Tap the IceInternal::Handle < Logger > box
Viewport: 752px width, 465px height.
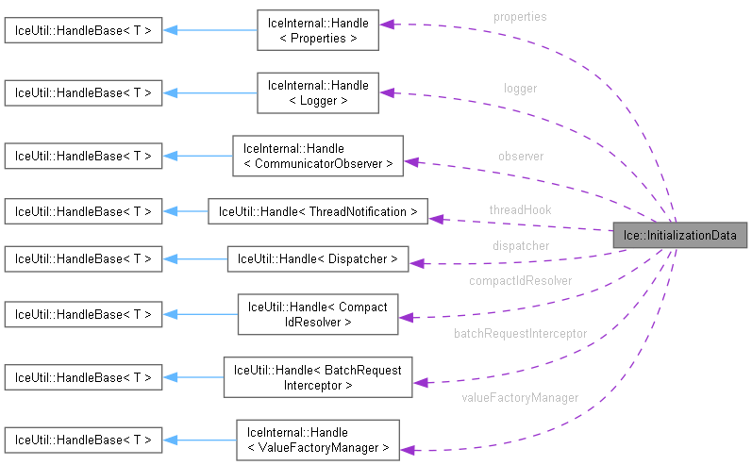[x=318, y=92]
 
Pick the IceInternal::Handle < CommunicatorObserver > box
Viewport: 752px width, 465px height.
[x=318, y=156]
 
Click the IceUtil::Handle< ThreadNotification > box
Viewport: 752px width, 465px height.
[x=318, y=211]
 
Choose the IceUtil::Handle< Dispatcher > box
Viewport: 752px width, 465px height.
[x=318, y=257]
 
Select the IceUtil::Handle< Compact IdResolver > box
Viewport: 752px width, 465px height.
[x=318, y=313]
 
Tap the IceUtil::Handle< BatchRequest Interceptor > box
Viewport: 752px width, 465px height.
[x=318, y=377]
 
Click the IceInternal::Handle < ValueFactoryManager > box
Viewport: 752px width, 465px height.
[x=318, y=440]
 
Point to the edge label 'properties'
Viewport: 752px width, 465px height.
[x=519, y=17]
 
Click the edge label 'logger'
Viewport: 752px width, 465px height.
[x=520, y=88]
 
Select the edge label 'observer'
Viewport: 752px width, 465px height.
[x=520, y=156]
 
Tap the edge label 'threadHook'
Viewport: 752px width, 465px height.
[x=520, y=209]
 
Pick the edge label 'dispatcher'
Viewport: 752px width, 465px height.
[x=519, y=245]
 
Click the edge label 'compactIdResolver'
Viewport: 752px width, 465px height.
[x=520, y=280]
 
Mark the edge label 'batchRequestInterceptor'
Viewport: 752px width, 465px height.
[x=520, y=333]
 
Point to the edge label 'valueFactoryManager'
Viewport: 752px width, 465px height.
[x=520, y=397]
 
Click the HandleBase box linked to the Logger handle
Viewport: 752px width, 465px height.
[x=81, y=92]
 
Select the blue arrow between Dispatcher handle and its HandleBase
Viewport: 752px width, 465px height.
[x=194, y=257]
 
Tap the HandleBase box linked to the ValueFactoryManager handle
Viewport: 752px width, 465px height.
[x=81, y=440]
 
